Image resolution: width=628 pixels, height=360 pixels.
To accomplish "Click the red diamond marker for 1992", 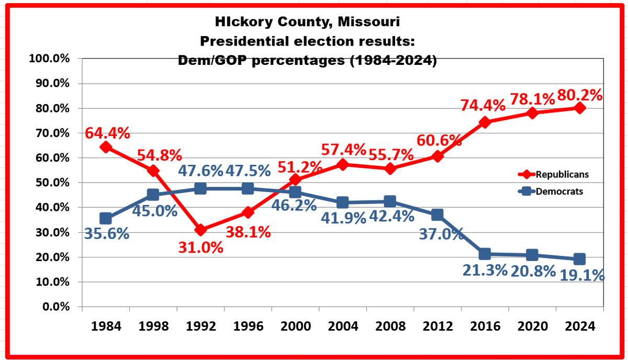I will (x=200, y=230).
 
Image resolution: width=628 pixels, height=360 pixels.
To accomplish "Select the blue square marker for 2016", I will (x=485, y=254).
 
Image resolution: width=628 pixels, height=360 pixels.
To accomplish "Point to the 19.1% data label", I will (x=582, y=274).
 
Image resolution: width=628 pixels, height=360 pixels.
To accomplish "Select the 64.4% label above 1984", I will (x=108, y=133).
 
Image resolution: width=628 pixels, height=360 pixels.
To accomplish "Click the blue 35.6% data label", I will (x=107, y=233).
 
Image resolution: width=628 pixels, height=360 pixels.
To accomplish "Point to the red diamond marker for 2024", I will (x=579, y=108).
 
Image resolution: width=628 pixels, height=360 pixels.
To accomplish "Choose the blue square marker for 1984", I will (x=106, y=218).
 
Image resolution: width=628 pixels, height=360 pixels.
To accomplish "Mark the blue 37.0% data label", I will (x=441, y=233).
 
